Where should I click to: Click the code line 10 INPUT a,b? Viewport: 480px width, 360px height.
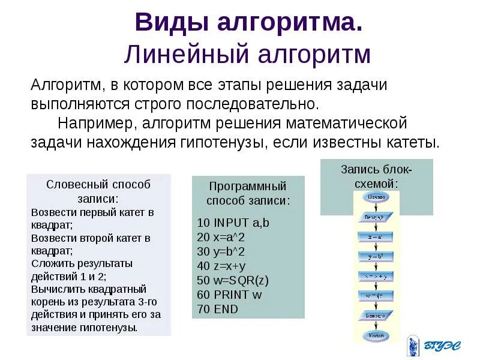(233, 222)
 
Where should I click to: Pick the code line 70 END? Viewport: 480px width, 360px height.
(217, 309)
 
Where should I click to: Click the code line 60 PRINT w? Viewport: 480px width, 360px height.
(229, 295)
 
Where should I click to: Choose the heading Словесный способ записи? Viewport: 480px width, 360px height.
(98, 191)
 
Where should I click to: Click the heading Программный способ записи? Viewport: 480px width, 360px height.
(248, 193)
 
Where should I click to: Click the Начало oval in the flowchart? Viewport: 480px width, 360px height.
(376, 196)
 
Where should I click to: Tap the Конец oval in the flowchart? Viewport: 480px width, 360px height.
(376, 335)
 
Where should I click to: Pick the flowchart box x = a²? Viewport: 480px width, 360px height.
(376, 236)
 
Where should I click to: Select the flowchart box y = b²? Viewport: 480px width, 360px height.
(376, 256)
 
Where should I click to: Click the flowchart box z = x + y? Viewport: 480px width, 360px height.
(376, 276)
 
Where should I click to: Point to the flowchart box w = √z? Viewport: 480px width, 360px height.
(376, 296)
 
